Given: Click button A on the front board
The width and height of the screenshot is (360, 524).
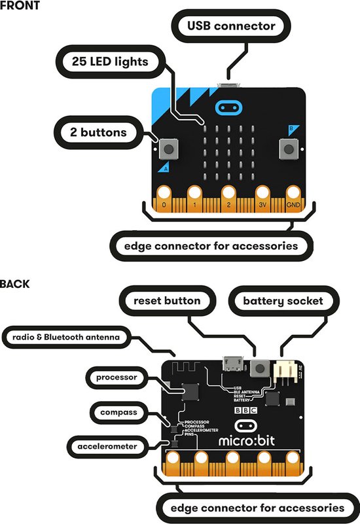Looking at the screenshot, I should click(168, 150).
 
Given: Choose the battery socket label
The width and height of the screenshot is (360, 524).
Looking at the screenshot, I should click(283, 301).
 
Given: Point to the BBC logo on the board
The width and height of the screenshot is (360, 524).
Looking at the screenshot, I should click(245, 410).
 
